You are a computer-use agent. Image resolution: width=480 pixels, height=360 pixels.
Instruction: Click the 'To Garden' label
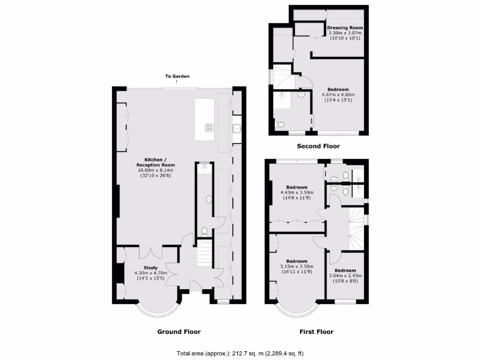click(177, 76)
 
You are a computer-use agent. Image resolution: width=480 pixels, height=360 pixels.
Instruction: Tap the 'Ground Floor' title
click(179, 332)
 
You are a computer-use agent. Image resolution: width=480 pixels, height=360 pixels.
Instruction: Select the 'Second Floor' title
click(318, 146)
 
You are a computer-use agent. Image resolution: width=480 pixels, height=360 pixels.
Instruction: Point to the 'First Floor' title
click(316, 332)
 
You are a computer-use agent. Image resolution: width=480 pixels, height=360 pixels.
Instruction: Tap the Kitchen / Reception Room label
click(156, 162)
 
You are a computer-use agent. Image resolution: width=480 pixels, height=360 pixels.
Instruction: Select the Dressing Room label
click(345, 28)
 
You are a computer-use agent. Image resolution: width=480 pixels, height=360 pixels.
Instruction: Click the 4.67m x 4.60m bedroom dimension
click(338, 95)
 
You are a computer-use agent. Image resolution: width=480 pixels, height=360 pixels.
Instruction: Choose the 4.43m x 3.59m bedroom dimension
click(297, 192)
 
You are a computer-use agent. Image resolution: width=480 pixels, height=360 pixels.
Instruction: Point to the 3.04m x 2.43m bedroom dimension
click(345, 276)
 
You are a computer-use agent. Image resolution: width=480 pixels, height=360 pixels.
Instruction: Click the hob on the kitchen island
click(209, 127)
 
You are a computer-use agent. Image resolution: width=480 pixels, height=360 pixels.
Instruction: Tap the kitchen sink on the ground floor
click(237, 128)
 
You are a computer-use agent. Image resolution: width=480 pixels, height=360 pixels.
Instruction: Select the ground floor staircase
click(204, 253)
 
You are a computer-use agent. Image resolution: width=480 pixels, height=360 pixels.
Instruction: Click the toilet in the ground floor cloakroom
click(204, 231)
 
